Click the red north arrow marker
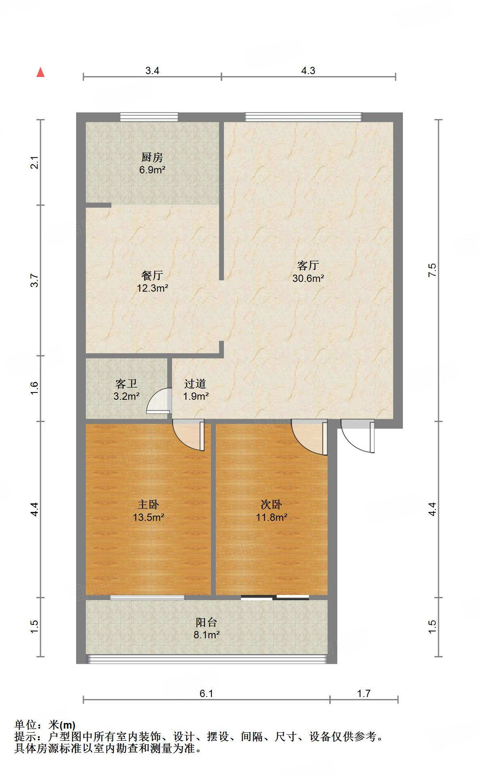(x=40, y=72)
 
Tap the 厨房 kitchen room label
(x=152, y=157)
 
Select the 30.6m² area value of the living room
(x=308, y=278)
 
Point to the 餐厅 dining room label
(x=152, y=275)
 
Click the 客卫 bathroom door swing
(x=158, y=401)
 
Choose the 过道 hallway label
(x=196, y=384)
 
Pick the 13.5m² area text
(x=149, y=517)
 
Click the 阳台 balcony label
(x=207, y=622)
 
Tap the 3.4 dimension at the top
(x=152, y=71)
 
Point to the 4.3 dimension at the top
(x=308, y=71)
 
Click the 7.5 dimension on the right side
(x=432, y=270)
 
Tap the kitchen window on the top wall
(x=149, y=117)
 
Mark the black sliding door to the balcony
(x=275, y=597)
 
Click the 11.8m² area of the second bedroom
(x=272, y=517)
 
